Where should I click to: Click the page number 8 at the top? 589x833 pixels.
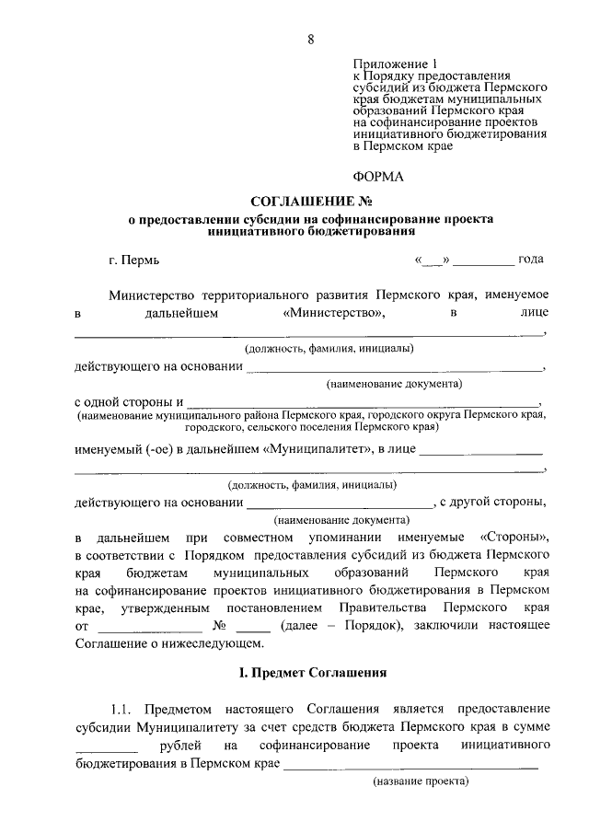click(310, 38)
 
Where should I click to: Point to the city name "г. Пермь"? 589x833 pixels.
click(133, 260)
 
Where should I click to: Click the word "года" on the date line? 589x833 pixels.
click(530, 259)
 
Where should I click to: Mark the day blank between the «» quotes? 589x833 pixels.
click(433, 260)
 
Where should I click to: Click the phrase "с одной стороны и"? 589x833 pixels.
click(128, 402)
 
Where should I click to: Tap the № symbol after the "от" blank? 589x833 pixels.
click(219, 626)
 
